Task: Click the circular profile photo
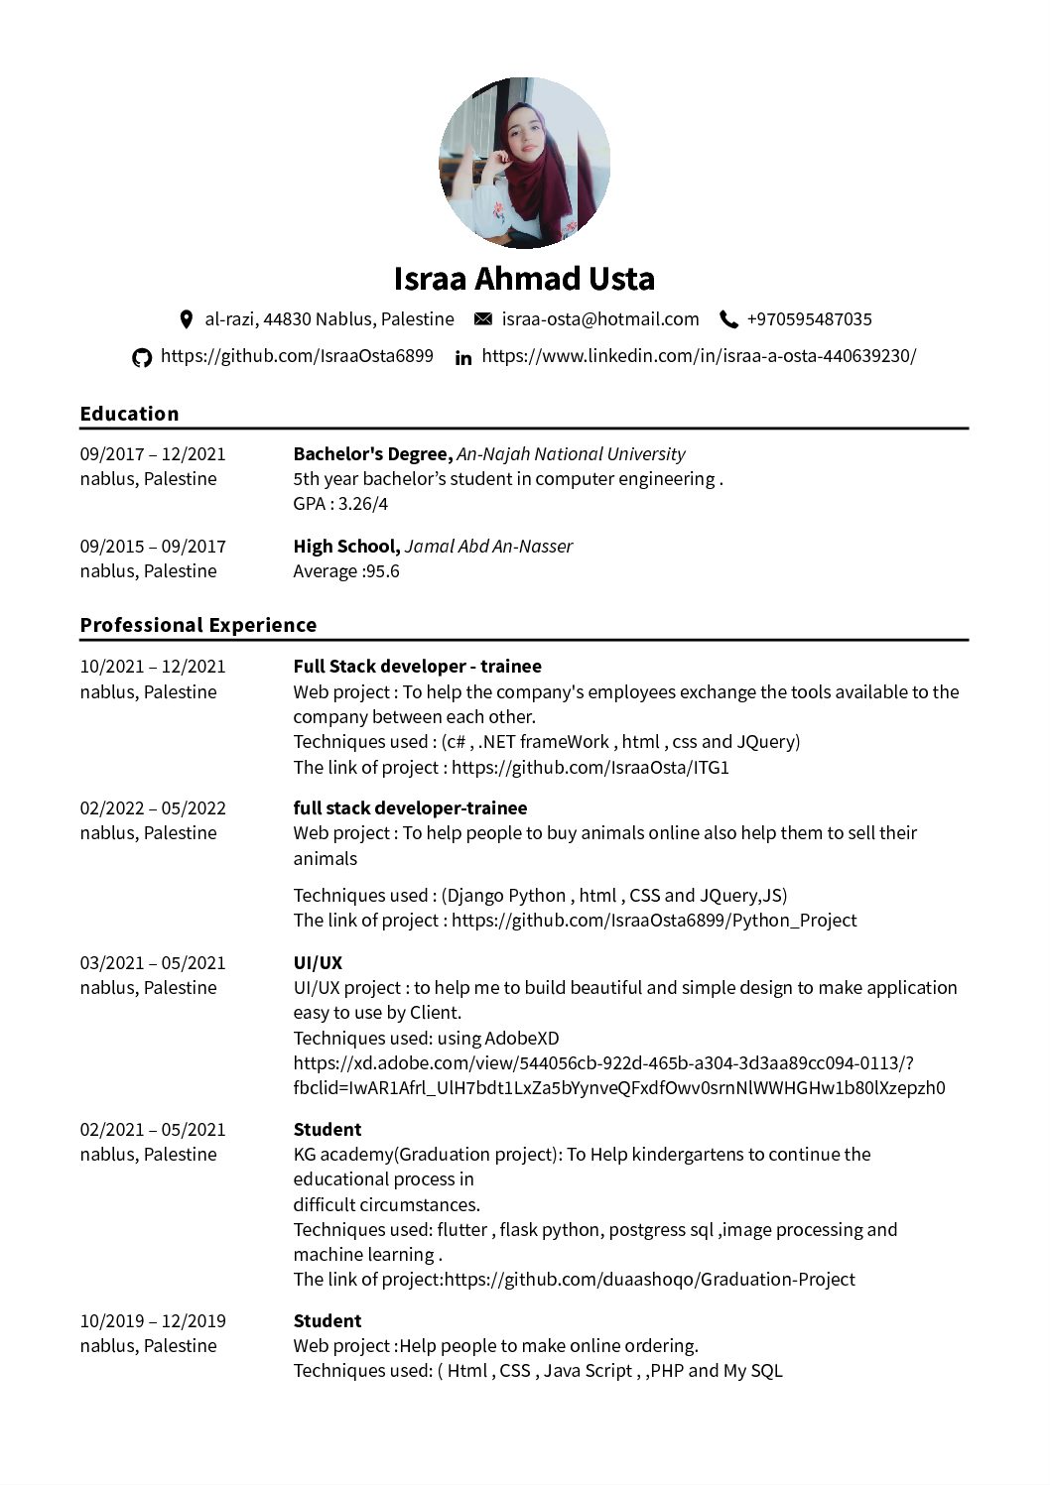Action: tap(524, 163)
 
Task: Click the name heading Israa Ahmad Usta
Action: tap(524, 279)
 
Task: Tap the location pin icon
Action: tap(186, 319)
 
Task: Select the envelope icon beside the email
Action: tap(483, 319)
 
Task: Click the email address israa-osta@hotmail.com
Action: tap(600, 319)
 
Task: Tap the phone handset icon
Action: tap(728, 319)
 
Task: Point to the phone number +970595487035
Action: tap(809, 319)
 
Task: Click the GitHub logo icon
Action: tap(142, 357)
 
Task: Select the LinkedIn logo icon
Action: tap(463, 357)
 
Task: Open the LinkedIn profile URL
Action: tap(699, 356)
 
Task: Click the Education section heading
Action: tap(129, 414)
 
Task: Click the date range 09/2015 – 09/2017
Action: tap(153, 547)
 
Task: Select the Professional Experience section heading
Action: tap(198, 625)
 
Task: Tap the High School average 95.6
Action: tap(382, 571)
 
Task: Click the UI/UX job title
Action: tap(318, 962)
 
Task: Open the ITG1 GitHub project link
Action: tap(590, 768)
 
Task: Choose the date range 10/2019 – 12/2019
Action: tap(153, 1321)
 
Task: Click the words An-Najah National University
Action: tap(571, 454)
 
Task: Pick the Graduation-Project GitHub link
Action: tap(649, 1280)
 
